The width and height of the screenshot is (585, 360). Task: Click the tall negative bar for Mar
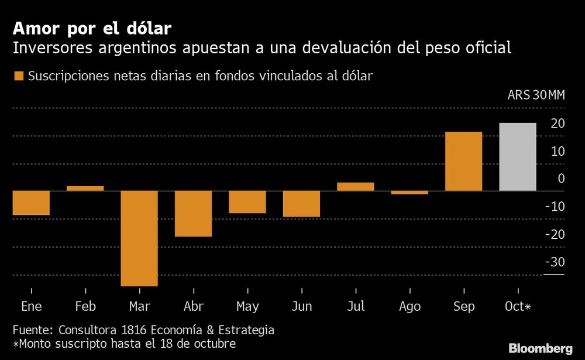pos(139,238)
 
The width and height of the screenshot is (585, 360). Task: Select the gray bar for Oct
pos(518,157)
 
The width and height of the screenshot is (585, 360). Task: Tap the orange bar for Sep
pos(463,162)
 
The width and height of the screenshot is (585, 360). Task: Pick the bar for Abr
pos(193,214)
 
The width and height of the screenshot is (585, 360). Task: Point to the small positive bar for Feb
pos(85,188)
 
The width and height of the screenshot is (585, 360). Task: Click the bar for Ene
pos(31,203)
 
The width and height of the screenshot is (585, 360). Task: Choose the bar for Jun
pos(301,204)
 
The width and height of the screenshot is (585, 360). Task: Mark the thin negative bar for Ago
pos(409,193)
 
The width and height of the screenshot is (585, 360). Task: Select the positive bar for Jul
pos(355,187)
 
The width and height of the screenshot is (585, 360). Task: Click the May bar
pos(247,202)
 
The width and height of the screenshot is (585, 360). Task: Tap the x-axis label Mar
pos(139,307)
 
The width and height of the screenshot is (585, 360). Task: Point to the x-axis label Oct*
pos(519,307)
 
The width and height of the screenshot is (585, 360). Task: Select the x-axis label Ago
pos(409,307)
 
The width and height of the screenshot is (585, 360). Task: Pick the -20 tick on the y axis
pos(554,234)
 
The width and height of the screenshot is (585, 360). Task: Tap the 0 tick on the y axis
pos(561,179)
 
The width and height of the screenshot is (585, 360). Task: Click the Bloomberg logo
pos(541,348)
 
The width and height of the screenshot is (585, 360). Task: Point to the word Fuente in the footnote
pos(33,330)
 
